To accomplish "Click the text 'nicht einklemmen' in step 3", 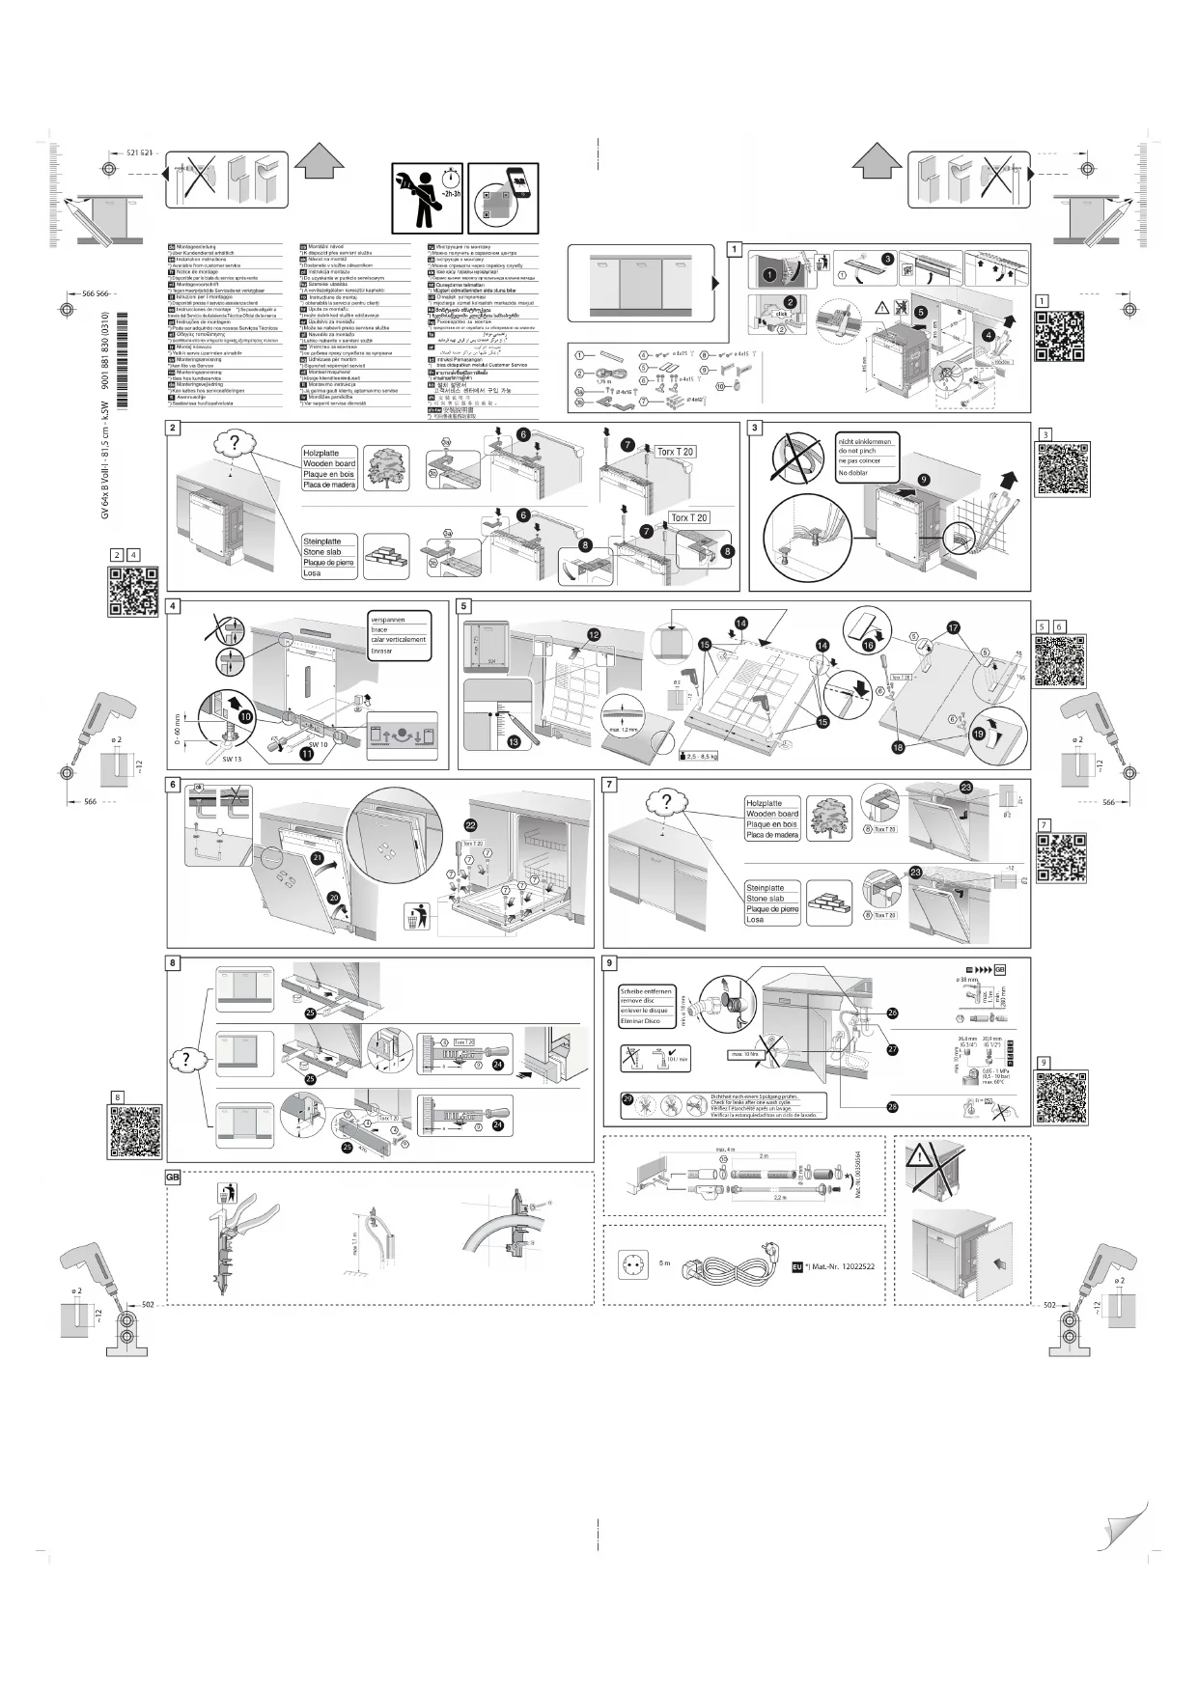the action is [x=865, y=441].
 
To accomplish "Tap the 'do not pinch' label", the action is [x=857, y=451].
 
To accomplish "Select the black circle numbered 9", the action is [x=924, y=479].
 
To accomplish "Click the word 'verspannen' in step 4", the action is [x=388, y=620].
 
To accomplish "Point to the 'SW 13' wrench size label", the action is [x=231, y=760].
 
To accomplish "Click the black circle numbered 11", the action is [x=305, y=754].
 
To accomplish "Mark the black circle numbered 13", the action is [x=513, y=741].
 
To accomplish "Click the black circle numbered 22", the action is [x=470, y=824].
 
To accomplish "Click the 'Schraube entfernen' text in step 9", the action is [x=647, y=991].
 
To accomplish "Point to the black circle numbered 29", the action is [x=628, y=1099].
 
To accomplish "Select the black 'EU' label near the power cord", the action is [x=797, y=1265].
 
